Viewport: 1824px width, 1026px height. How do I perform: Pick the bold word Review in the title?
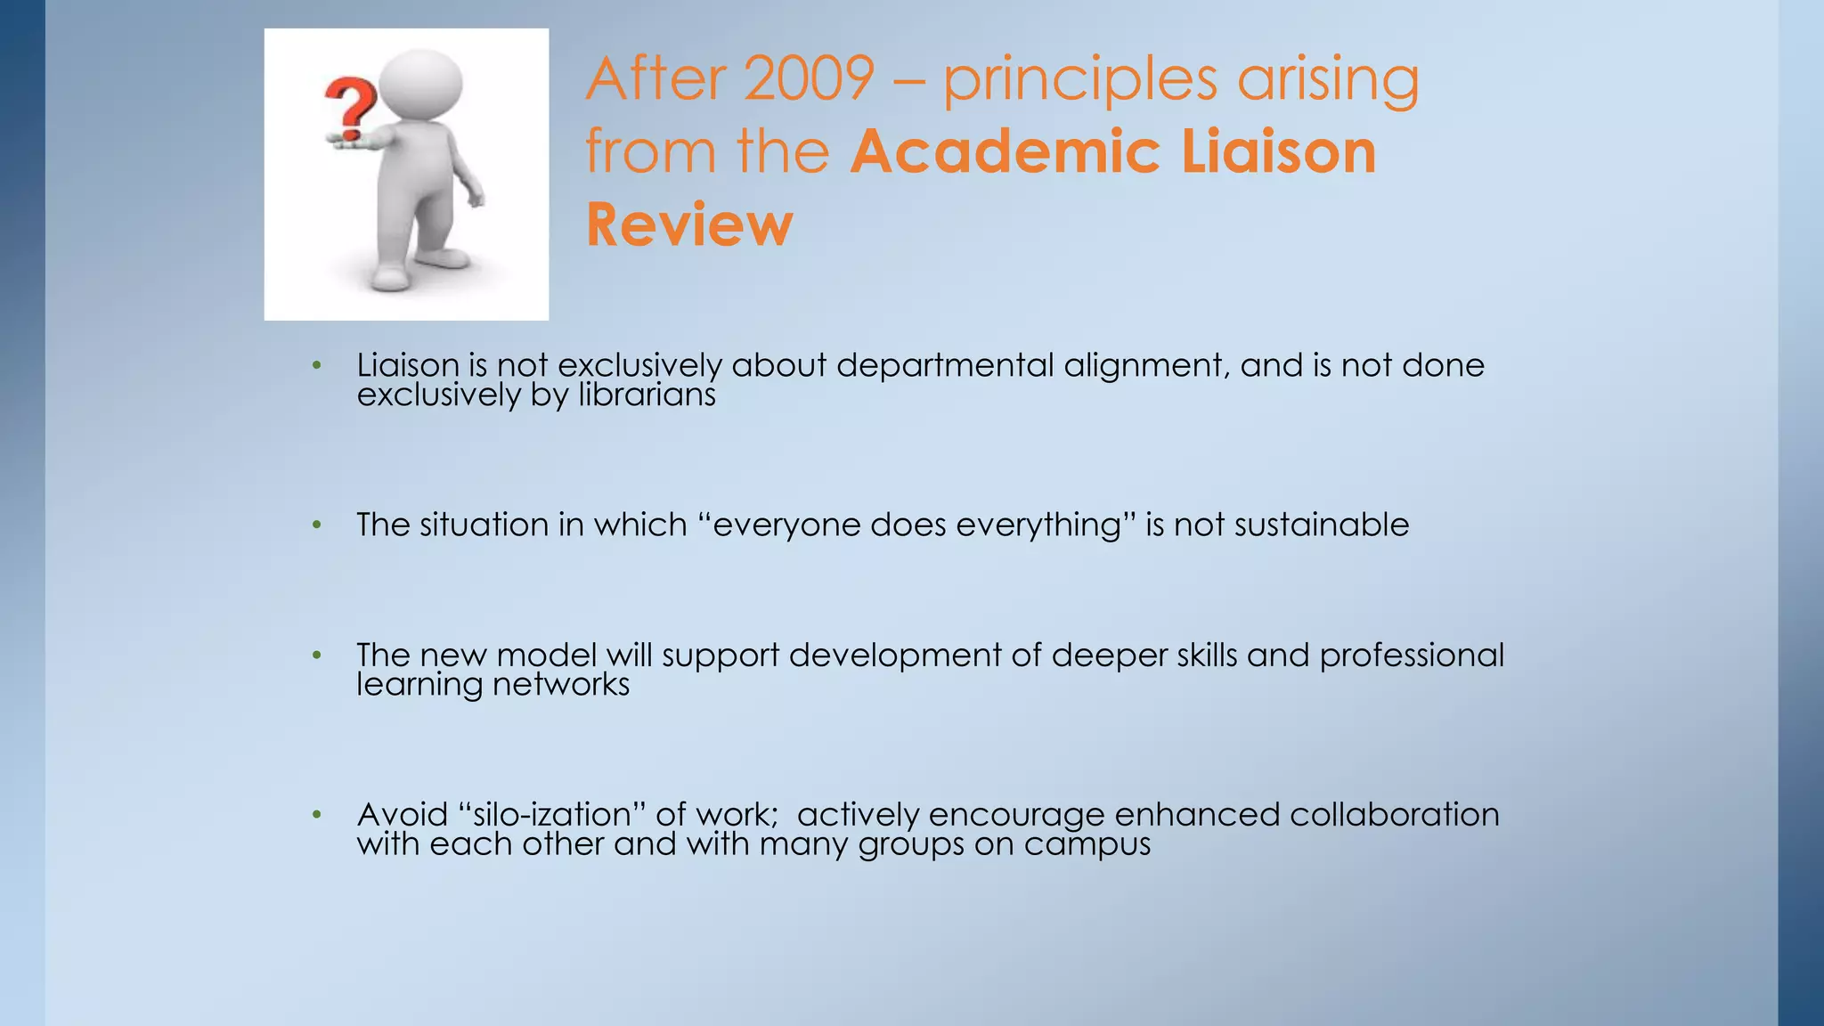click(x=688, y=224)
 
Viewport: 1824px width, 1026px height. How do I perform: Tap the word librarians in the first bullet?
click(x=647, y=395)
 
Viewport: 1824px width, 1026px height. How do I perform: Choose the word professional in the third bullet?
click(x=1411, y=655)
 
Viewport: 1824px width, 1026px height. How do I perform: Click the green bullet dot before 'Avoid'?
click(x=316, y=815)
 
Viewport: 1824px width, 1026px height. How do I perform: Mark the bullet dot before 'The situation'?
click(x=316, y=525)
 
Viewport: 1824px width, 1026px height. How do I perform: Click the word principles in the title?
click(x=1079, y=80)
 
